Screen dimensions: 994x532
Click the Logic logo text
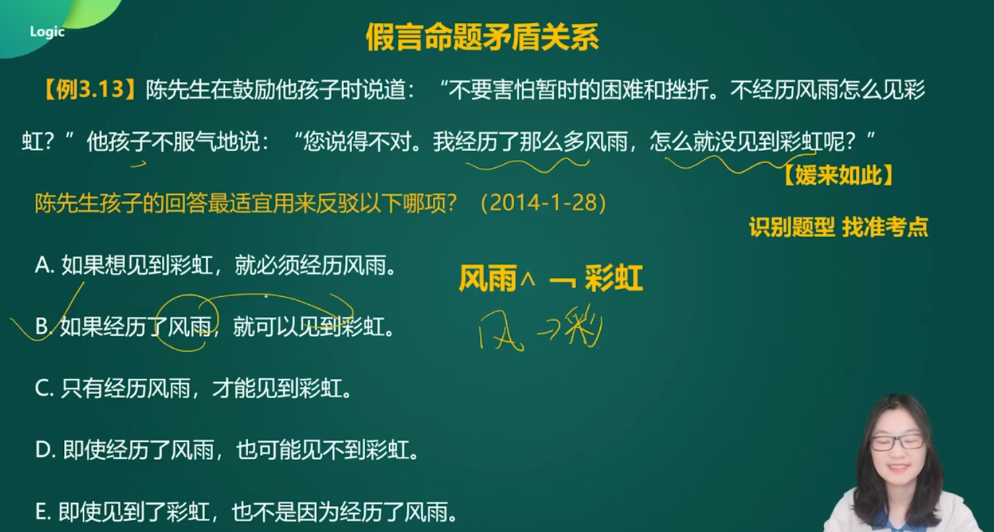coord(47,32)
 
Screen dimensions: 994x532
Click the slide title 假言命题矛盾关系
coord(483,37)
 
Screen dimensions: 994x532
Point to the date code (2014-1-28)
coord(543,203)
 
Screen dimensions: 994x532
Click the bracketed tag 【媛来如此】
coord(838,175)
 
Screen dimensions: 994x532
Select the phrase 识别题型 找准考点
coord(838,227)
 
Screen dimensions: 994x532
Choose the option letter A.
coord(44,265)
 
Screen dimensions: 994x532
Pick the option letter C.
coord(44,388)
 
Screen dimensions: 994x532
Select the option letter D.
coord(44,450)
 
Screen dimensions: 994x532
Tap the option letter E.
coord(43,512)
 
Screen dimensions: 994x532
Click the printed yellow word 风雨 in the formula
coord(488,278)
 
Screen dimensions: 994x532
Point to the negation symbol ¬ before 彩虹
coord(563,281)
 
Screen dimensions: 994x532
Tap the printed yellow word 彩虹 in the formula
coord(614,278)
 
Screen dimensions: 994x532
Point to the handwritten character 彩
coord(585,326)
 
